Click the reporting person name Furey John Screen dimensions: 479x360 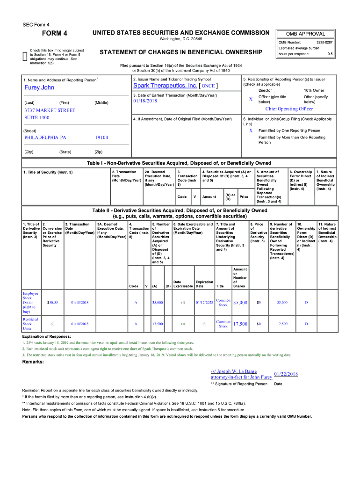tap(39, 87)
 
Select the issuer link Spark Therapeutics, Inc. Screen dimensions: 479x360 tap(165, 86)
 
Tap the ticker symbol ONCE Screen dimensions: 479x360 tap(208, 87)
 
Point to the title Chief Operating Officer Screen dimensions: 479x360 tap(289, 109)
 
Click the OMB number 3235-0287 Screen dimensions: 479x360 tap(324, 43)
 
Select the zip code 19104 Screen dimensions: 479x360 tap(101, 138)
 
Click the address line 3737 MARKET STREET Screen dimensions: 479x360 tap(50, 110)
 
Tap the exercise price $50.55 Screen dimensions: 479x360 tap(52, 303)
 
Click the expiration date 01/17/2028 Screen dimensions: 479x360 tap(204, 303)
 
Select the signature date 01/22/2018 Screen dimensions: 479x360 tap(286, 374)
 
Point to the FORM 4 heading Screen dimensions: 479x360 tap(55, 33)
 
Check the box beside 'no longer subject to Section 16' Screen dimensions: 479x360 tap(25, 56)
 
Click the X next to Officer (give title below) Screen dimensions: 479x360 tap(251, 100)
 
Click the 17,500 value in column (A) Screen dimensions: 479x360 tap(158, 324)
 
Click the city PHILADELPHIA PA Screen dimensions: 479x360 tap(45, 138)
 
